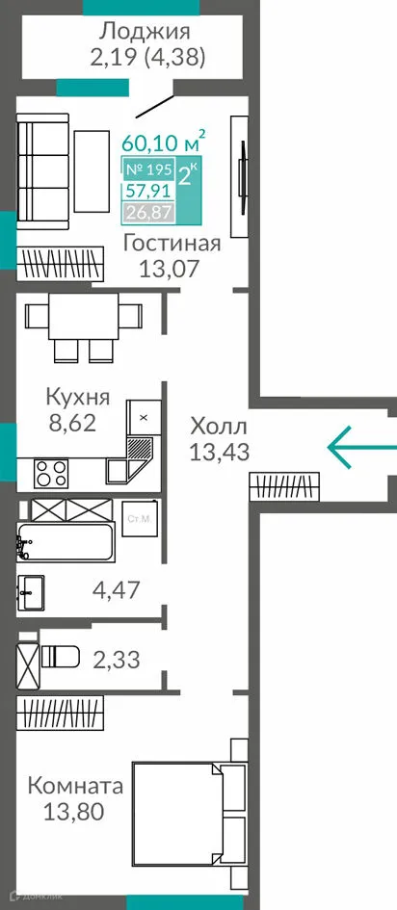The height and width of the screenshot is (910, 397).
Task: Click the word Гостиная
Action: [x=172, y=243]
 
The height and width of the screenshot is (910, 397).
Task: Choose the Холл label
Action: [x=219, y=426]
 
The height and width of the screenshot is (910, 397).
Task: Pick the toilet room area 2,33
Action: [x=117, y=660]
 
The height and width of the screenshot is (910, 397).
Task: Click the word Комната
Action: [x=74, y=786]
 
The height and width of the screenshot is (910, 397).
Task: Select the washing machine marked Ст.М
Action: [x=140, y=520]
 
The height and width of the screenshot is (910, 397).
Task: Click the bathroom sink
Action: [x=32, y=587]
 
